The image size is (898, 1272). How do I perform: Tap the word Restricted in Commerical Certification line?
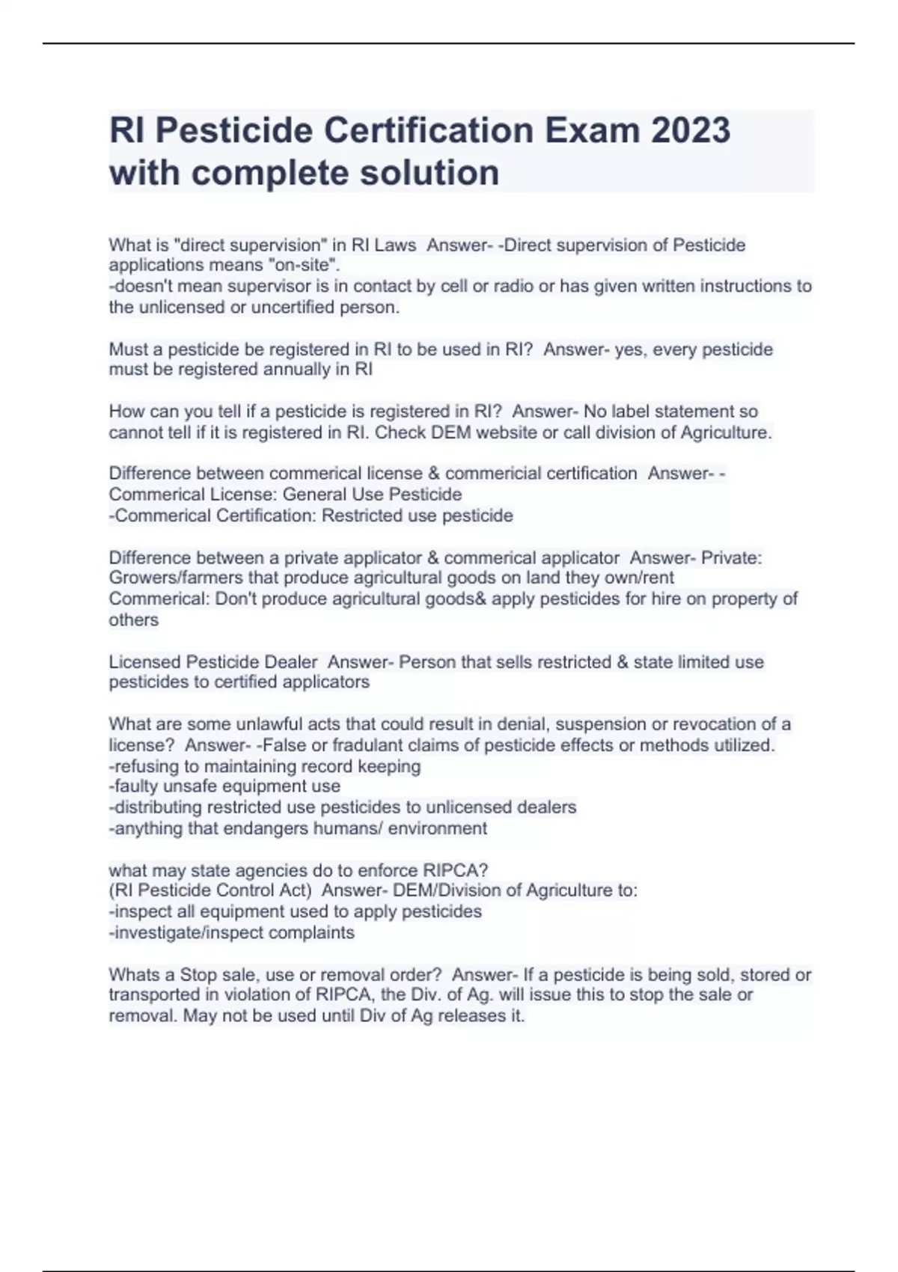(361, 516)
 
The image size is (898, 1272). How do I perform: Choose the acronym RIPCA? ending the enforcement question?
(455, 870)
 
